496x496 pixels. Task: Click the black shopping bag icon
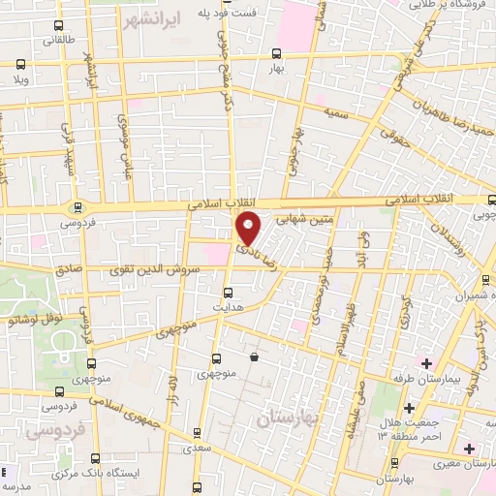255,356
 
